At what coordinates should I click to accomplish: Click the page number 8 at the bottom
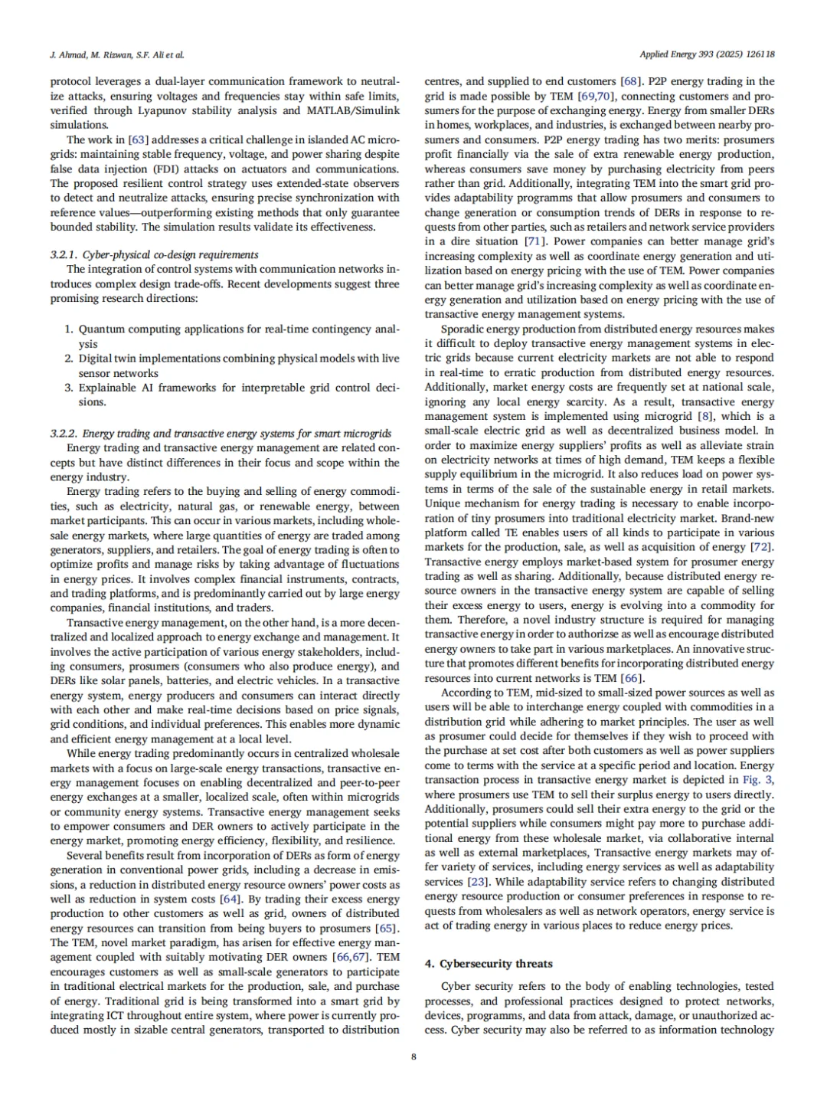413,1057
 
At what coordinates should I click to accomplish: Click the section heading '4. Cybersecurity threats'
489,964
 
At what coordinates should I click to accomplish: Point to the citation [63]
138,140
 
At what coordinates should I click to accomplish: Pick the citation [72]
762,548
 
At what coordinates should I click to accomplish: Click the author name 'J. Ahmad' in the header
64,55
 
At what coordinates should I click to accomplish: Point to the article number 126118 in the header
759,55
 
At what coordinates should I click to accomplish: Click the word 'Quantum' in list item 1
101,329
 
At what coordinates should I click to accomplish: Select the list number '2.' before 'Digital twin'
69,359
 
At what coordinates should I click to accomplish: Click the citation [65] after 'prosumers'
386,929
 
